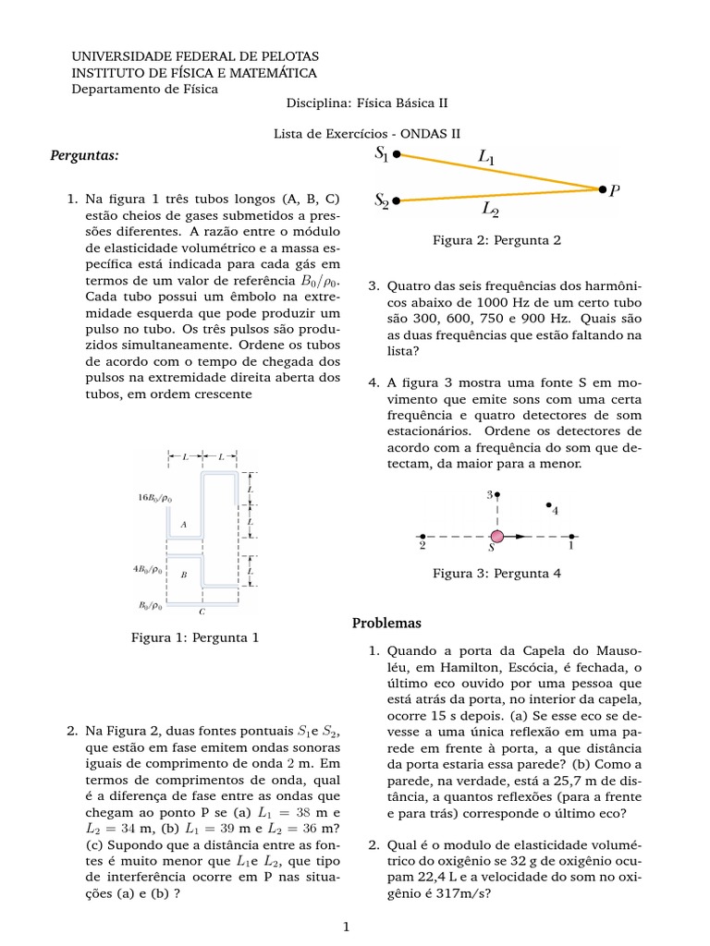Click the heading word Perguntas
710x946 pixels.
pyautogui.click(x=85, y=155)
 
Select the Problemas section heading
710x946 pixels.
pyautogui.click(x=386, y=623)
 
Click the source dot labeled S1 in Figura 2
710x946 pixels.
pyautogui.click(x=397, y=154)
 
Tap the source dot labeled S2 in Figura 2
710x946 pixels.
pyautogui.click(x=397, y=200)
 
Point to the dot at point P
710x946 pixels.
pyautogui.click(x=601, y=189)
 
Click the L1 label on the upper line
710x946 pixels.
pyautogui.click(x=486, y=158)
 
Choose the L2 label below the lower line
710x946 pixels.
pyautogui.click(x=490, y=210)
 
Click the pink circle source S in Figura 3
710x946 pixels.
pyautogui.click(x=497, y=536)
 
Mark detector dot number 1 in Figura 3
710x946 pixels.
pyautogui.click(x=572, y=536)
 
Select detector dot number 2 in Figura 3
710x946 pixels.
pyautogui.click(x=422, y=536)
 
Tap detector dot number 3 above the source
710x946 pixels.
pyautogui.click(x=497, y=495)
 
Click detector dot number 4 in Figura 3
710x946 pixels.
pyautogui.click(x=549, y=505)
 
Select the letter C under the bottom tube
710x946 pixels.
pyautogui.click(x=202, y=612)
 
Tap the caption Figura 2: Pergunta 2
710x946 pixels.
pyautogui.click(x=496, y=240)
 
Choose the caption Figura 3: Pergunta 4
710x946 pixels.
pyautogui.click(x=496, y=574)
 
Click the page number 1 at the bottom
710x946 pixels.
pyautogui.click(x=346, y=926)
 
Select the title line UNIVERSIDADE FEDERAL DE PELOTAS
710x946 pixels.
pyautogui.click(x=195, y=55)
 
